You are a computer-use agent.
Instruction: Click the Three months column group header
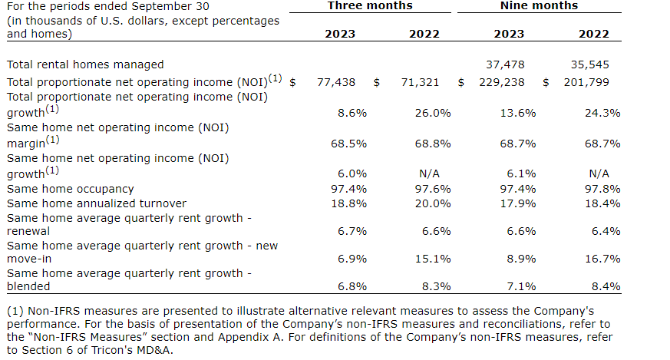click(x=370, y=6)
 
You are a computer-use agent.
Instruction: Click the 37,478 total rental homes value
click(x=506, y=65)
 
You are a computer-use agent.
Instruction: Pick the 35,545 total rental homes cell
click(x=590, y=65)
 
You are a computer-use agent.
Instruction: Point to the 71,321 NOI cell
click(x=420, y=81)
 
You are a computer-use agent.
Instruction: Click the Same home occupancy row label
click(x=70, y=189)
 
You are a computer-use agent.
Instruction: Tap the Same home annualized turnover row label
click(x=96, y=203)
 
